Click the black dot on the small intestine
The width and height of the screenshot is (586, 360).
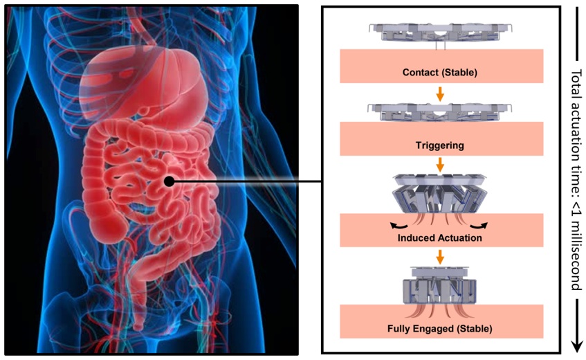pos(168,182)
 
